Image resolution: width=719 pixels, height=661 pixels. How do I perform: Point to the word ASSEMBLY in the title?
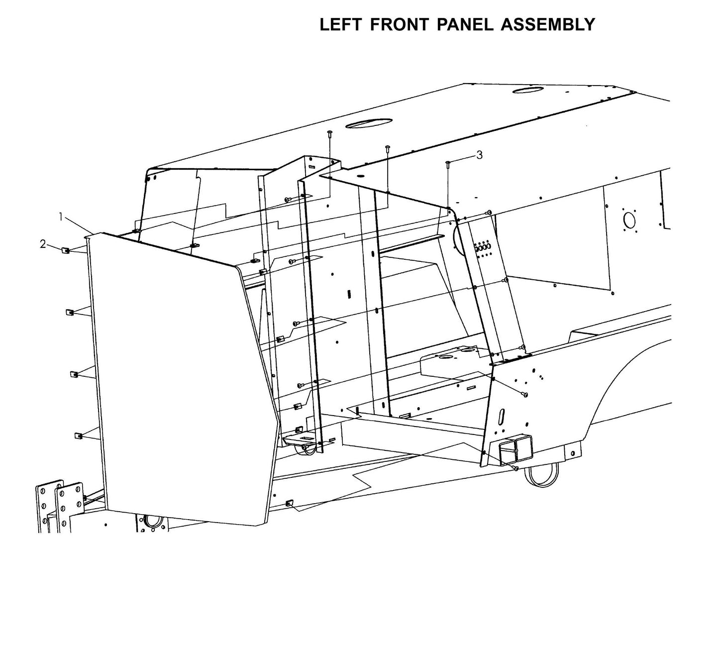pyautogui.click(x=548, y=24)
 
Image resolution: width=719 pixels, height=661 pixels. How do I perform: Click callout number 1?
pyautogui.click(x=61, y=217)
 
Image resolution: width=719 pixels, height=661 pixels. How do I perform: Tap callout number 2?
pyautogui.click(x=43, y=244)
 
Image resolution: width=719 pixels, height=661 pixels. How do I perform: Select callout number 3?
pyautogui.click(x=479, y=155)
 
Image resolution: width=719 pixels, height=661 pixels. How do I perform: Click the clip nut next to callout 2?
pyautogui.click(x=65, y=250)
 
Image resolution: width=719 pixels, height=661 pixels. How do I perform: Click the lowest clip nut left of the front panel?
pyautogui.click(x=78, y=437)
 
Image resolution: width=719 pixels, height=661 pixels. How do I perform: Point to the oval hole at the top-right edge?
pyautogui.click(x=529, y=90)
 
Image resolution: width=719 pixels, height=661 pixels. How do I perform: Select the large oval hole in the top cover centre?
pyautogui.click(x=369, y=123)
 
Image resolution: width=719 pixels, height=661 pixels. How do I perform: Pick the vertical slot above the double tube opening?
pyautogui.click(x=503, y=415)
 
